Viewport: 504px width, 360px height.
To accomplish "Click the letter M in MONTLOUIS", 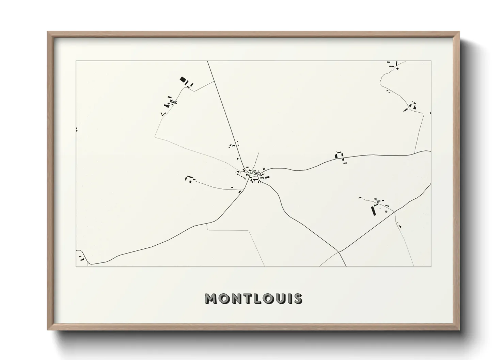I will click(210, 298).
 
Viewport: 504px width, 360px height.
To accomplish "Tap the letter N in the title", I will click(236, 298).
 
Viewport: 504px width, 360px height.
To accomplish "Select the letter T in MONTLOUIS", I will click(247, 298).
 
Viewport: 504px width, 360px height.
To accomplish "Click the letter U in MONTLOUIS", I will click(281, 298).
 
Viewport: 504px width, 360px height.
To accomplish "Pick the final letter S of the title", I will click(297, 298).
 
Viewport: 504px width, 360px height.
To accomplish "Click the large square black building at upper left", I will click(183, 80).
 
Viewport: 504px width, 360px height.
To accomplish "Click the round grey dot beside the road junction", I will click(386, 212).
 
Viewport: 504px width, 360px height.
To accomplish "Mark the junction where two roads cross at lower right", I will click(339, 252).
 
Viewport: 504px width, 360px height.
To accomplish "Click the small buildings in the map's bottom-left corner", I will click(81, 258).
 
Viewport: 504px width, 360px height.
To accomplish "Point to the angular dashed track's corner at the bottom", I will click(250, 231).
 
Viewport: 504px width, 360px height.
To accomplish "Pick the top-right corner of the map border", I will click(431, 61).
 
